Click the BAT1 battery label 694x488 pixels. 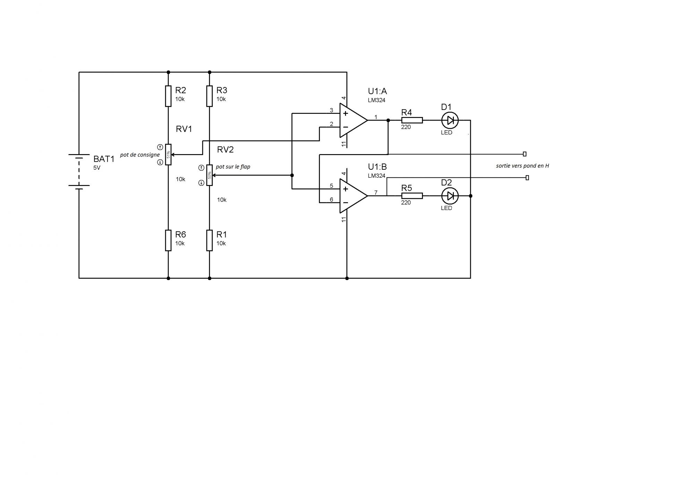[104, 159]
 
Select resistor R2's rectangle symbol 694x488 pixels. [168, 96]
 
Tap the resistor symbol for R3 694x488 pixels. [209, 96]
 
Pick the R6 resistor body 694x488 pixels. [168, 240]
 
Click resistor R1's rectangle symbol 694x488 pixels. [209, 240]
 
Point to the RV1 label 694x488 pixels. [184, 129]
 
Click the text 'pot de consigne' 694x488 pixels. [140, 155]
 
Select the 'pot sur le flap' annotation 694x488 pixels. [233, 167]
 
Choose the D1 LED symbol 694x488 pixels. [450, 120]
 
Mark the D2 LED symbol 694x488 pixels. [450, 196]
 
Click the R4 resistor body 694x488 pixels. [412, 120]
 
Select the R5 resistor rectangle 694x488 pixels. [412, 196]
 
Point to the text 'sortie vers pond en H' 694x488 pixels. [522, 166]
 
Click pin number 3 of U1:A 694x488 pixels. [331, 110]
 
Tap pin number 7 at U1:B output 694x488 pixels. [376, 193]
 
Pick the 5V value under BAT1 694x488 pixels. [97, 168]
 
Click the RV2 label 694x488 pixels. [225, 150]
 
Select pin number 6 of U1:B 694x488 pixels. [331, 200]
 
